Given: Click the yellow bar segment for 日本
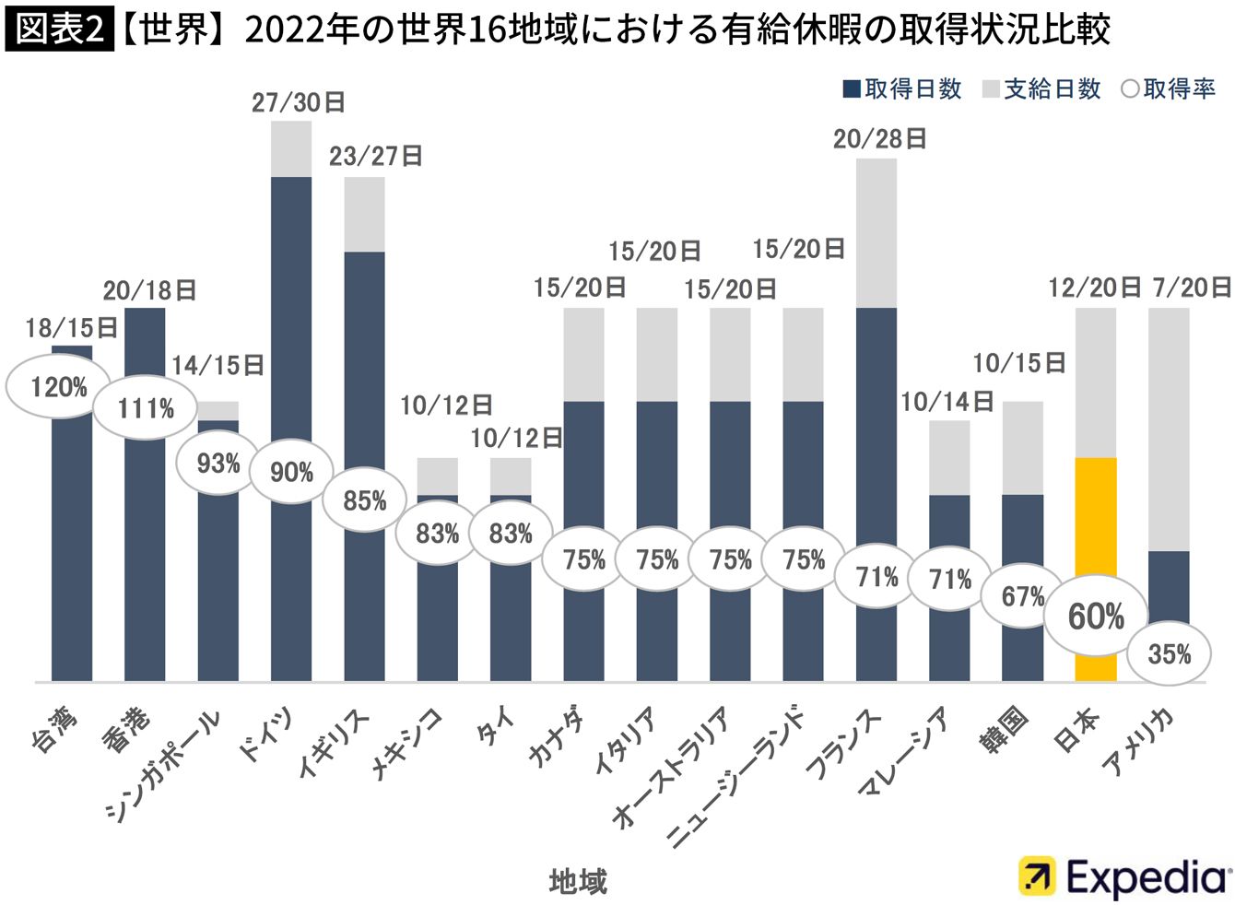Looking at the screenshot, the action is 1096,570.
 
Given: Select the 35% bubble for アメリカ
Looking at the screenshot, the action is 1169,654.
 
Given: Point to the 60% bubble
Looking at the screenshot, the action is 1096,616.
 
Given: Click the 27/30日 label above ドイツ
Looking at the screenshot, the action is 299,103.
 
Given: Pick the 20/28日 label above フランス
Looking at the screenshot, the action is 879,139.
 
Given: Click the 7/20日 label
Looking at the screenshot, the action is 1192,288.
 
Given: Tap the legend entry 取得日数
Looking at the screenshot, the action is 902,89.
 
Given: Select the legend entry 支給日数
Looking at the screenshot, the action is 1041,89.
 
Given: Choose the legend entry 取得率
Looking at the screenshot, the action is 1169,89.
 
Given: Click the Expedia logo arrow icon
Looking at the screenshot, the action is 1037,876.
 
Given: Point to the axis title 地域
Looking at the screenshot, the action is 579,881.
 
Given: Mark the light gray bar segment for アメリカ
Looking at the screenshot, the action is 1169,429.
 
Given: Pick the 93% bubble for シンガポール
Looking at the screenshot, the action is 218,464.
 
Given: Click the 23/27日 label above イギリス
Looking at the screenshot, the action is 376,157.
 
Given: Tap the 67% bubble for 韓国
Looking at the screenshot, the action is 1022,596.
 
